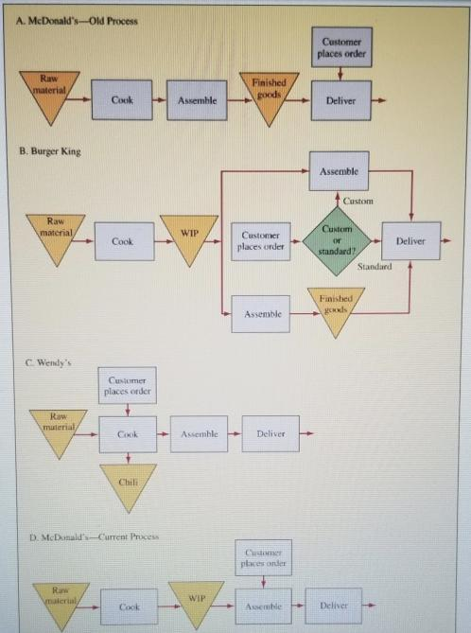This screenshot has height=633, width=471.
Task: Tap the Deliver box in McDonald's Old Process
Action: (340, 99)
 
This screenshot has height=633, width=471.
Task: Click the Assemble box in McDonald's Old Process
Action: (196, 99)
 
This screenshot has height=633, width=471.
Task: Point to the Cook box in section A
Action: (121, 99)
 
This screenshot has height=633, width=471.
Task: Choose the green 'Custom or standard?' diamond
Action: (338, 241)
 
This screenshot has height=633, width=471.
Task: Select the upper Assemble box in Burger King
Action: (339, 171)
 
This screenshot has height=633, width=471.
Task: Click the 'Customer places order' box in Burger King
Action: (260, 241)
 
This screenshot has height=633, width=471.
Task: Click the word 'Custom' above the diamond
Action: (358, 201)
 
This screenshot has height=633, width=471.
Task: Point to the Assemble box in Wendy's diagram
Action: (200, 433)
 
